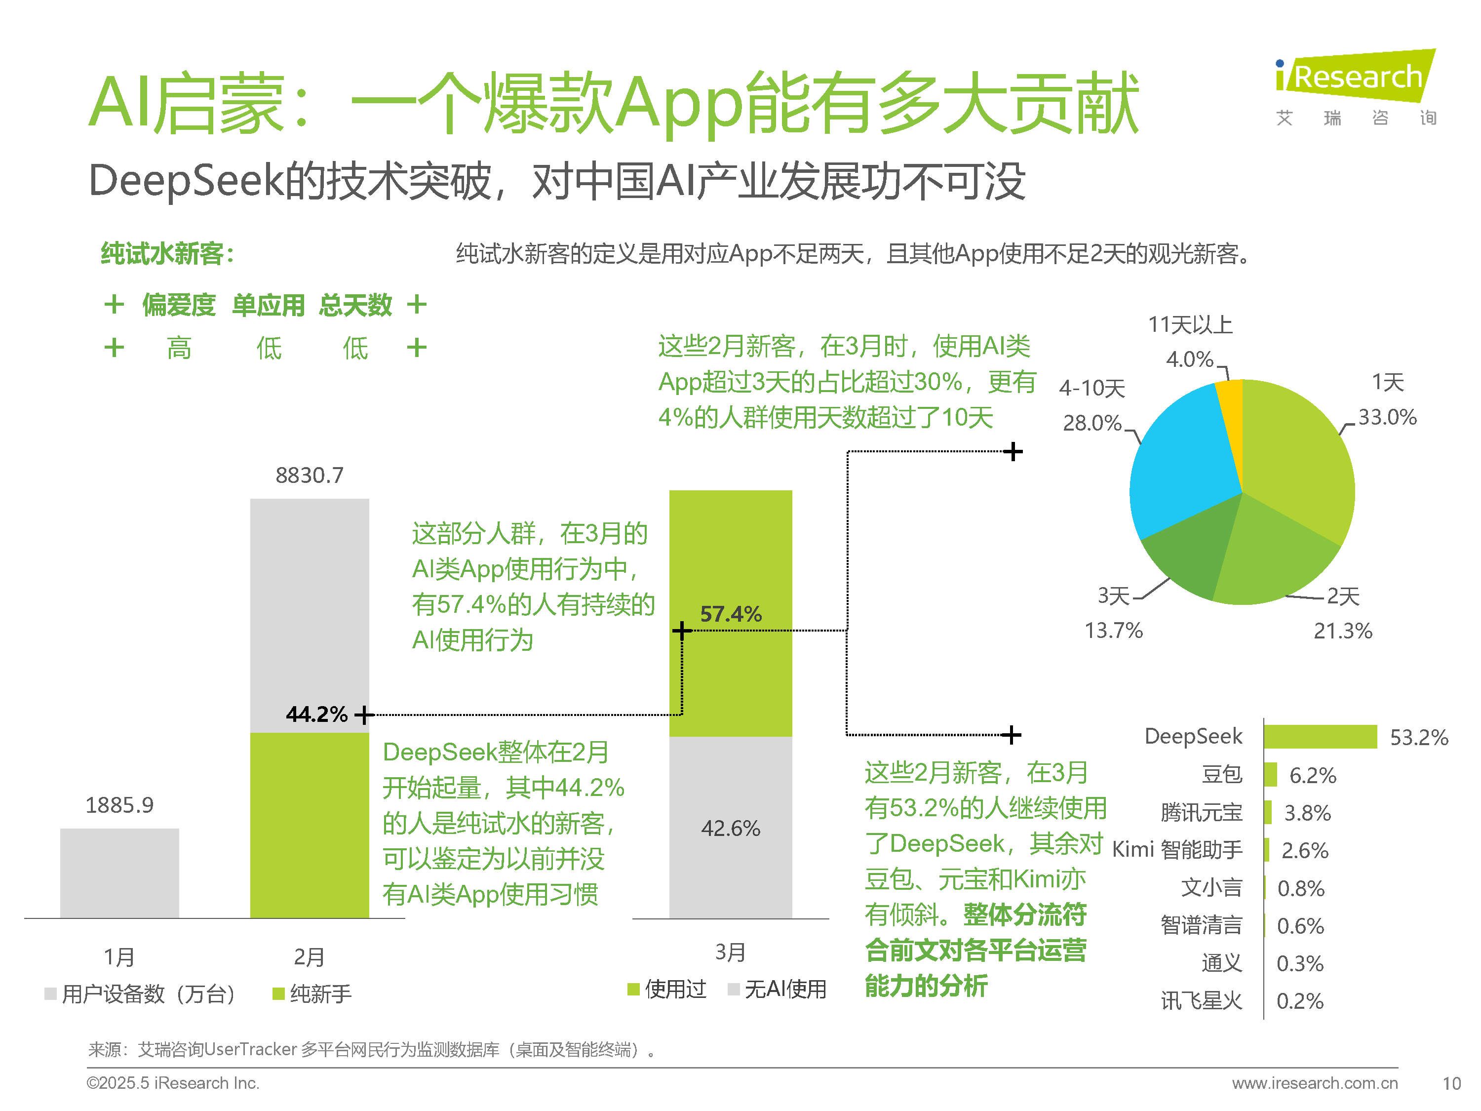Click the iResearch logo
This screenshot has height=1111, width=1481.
coord(1355,87)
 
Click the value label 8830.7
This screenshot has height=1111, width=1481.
coord(310,476)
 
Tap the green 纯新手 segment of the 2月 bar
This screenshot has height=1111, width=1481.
coord(310,825)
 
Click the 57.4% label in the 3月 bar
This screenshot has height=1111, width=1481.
coord(731,614)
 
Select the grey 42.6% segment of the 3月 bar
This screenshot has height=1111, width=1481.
coord(731,829)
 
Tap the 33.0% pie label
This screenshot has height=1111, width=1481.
coord(1387,417)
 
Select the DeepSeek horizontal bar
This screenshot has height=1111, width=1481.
coord(1320,737)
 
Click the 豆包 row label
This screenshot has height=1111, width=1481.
coord(1221,775)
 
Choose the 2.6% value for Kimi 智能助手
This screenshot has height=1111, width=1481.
coord(1304,850)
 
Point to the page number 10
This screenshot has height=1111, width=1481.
coord(1451,1083)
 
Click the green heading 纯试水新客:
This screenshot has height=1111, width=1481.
coord(167,254)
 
